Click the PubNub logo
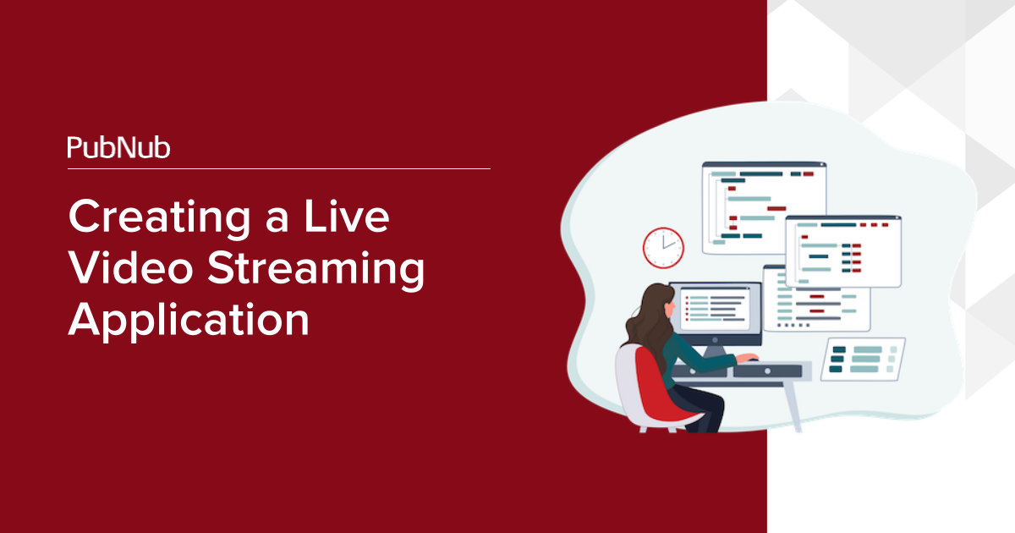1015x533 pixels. tap(118, 147)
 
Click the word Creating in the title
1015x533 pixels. tap(159, 218)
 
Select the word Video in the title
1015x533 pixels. tap(131, 267)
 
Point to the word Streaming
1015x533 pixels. tap(316, 270)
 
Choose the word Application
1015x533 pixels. tap(189, 321)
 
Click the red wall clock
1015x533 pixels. tap(663, 248)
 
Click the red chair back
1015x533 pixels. tap(657, 385)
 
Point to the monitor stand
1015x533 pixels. tap(715, 351)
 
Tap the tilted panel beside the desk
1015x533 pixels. tap(864, 359)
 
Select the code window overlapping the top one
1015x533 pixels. tap(843, 251)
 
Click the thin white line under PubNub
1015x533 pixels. tap(278, 168)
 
